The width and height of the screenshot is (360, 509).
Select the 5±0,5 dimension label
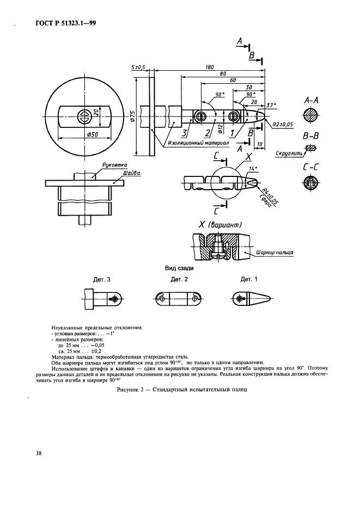(x=138, y=67)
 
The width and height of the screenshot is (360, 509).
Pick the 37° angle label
(x=272, y=104)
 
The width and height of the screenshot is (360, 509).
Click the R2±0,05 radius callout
(x=283, y=125)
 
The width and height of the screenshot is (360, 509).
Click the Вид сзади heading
(x=180, y=268)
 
